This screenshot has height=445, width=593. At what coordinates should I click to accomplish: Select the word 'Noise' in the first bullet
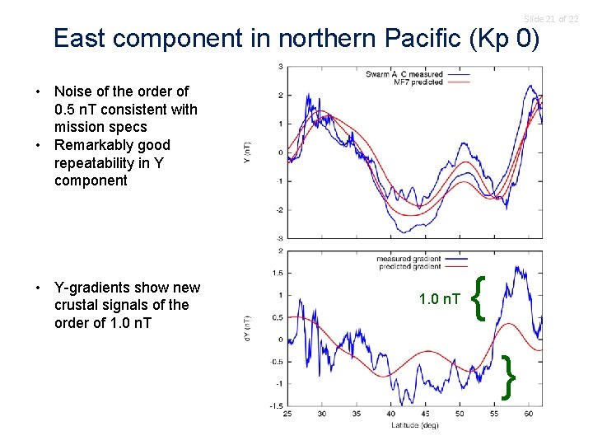coord(74,91)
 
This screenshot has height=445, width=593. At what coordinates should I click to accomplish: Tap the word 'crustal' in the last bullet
coord(78,305)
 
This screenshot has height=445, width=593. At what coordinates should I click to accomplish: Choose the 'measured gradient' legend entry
coord(409,259)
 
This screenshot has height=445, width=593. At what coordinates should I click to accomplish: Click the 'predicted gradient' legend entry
coord(409,266)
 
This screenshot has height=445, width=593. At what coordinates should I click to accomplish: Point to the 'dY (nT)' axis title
coord(248,328)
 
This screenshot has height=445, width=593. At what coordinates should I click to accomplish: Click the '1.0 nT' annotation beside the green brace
coord(440,299)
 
